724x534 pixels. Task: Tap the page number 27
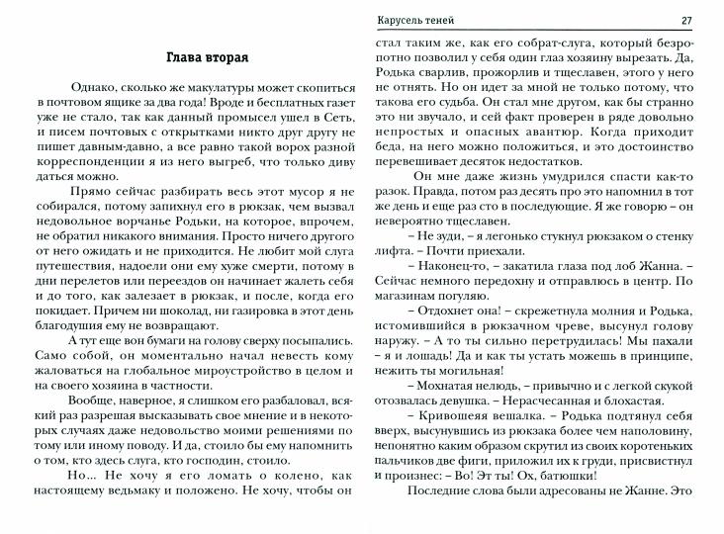point(687,21)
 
